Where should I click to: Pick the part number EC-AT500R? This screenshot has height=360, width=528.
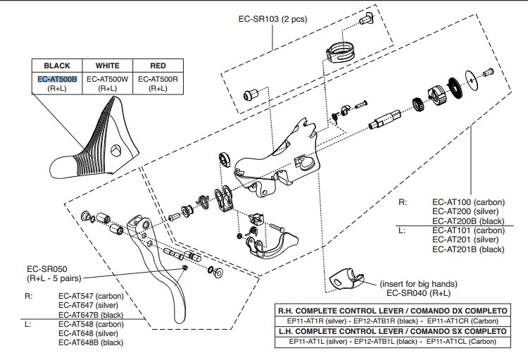[158, 80]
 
